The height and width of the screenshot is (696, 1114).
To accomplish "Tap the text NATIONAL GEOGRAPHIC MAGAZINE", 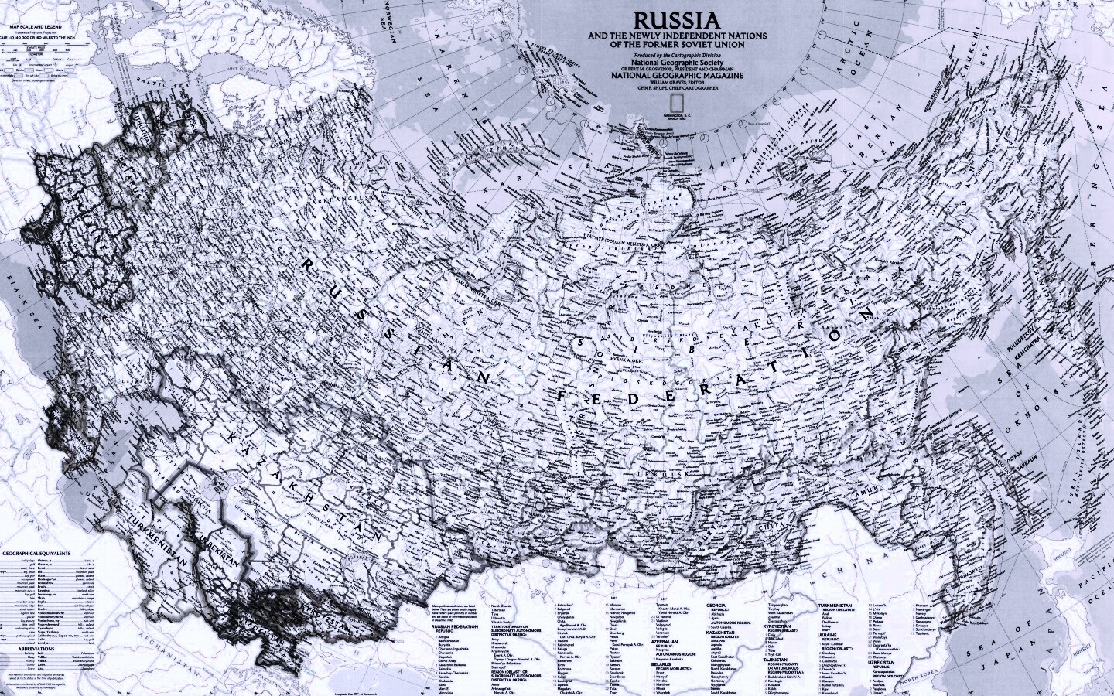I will pos(676,76).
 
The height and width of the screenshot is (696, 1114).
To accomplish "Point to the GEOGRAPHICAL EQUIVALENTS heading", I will pos(36,554).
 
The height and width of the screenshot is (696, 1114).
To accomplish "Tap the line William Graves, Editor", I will pos(676,83).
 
